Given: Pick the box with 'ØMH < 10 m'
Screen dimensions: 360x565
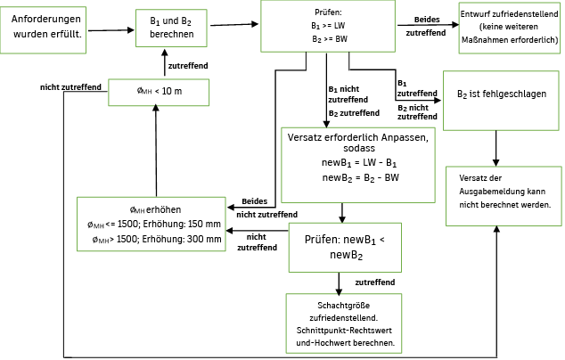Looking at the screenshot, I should pos(158,92).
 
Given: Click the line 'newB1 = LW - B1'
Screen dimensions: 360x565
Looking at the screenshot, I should pos(357,165).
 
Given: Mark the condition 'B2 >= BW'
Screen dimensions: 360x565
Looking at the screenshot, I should pos(327,39).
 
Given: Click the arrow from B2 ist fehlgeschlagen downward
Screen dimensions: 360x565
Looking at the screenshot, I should pos(496,147).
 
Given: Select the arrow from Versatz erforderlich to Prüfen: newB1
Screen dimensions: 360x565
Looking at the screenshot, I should pos(342,213).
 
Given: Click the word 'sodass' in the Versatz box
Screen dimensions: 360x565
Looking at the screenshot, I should pos(357,151).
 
